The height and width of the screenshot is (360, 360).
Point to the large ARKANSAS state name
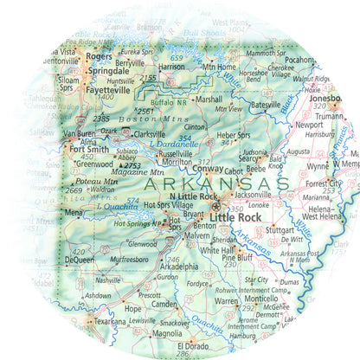(215, 184)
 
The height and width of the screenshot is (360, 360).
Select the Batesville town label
(266, 105)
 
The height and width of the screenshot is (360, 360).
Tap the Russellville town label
(175, 153)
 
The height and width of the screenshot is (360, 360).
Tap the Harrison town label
(172, 66)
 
